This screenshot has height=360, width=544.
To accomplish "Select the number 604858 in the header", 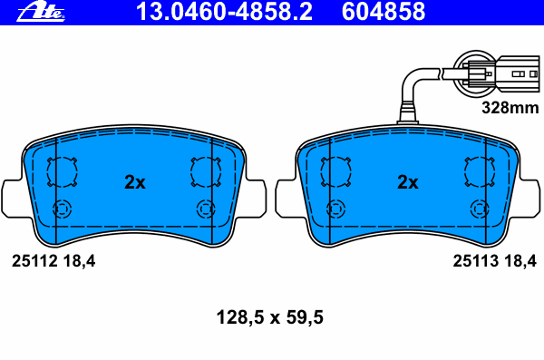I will click(395, 12).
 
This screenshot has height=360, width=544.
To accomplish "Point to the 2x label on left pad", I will click(134, 182).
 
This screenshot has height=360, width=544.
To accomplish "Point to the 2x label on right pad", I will click(408, 182).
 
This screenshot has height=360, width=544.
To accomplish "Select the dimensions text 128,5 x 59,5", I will click(271, 318).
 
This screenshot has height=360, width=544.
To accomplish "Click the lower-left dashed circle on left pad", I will click(63, 209).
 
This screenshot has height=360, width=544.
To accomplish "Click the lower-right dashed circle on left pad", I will click(205, 209).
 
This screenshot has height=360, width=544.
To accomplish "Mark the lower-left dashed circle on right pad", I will click(337, 209).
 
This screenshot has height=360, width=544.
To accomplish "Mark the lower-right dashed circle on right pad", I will click(480, 209).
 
